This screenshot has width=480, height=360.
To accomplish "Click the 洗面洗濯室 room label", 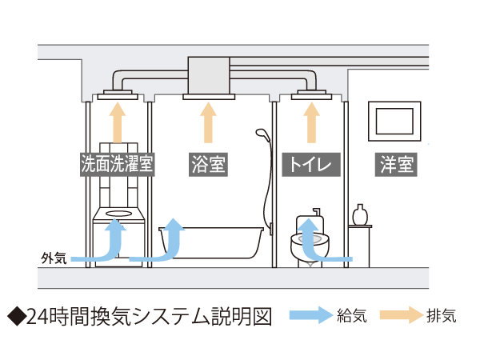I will (117, 165).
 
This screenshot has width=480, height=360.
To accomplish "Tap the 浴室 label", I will (208, 165).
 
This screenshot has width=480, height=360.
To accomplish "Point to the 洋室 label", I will (397, 165).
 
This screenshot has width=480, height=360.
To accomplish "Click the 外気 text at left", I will (53, 258).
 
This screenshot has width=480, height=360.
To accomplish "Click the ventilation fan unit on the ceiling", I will (208, 75).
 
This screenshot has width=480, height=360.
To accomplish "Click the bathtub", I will (212, 242).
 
